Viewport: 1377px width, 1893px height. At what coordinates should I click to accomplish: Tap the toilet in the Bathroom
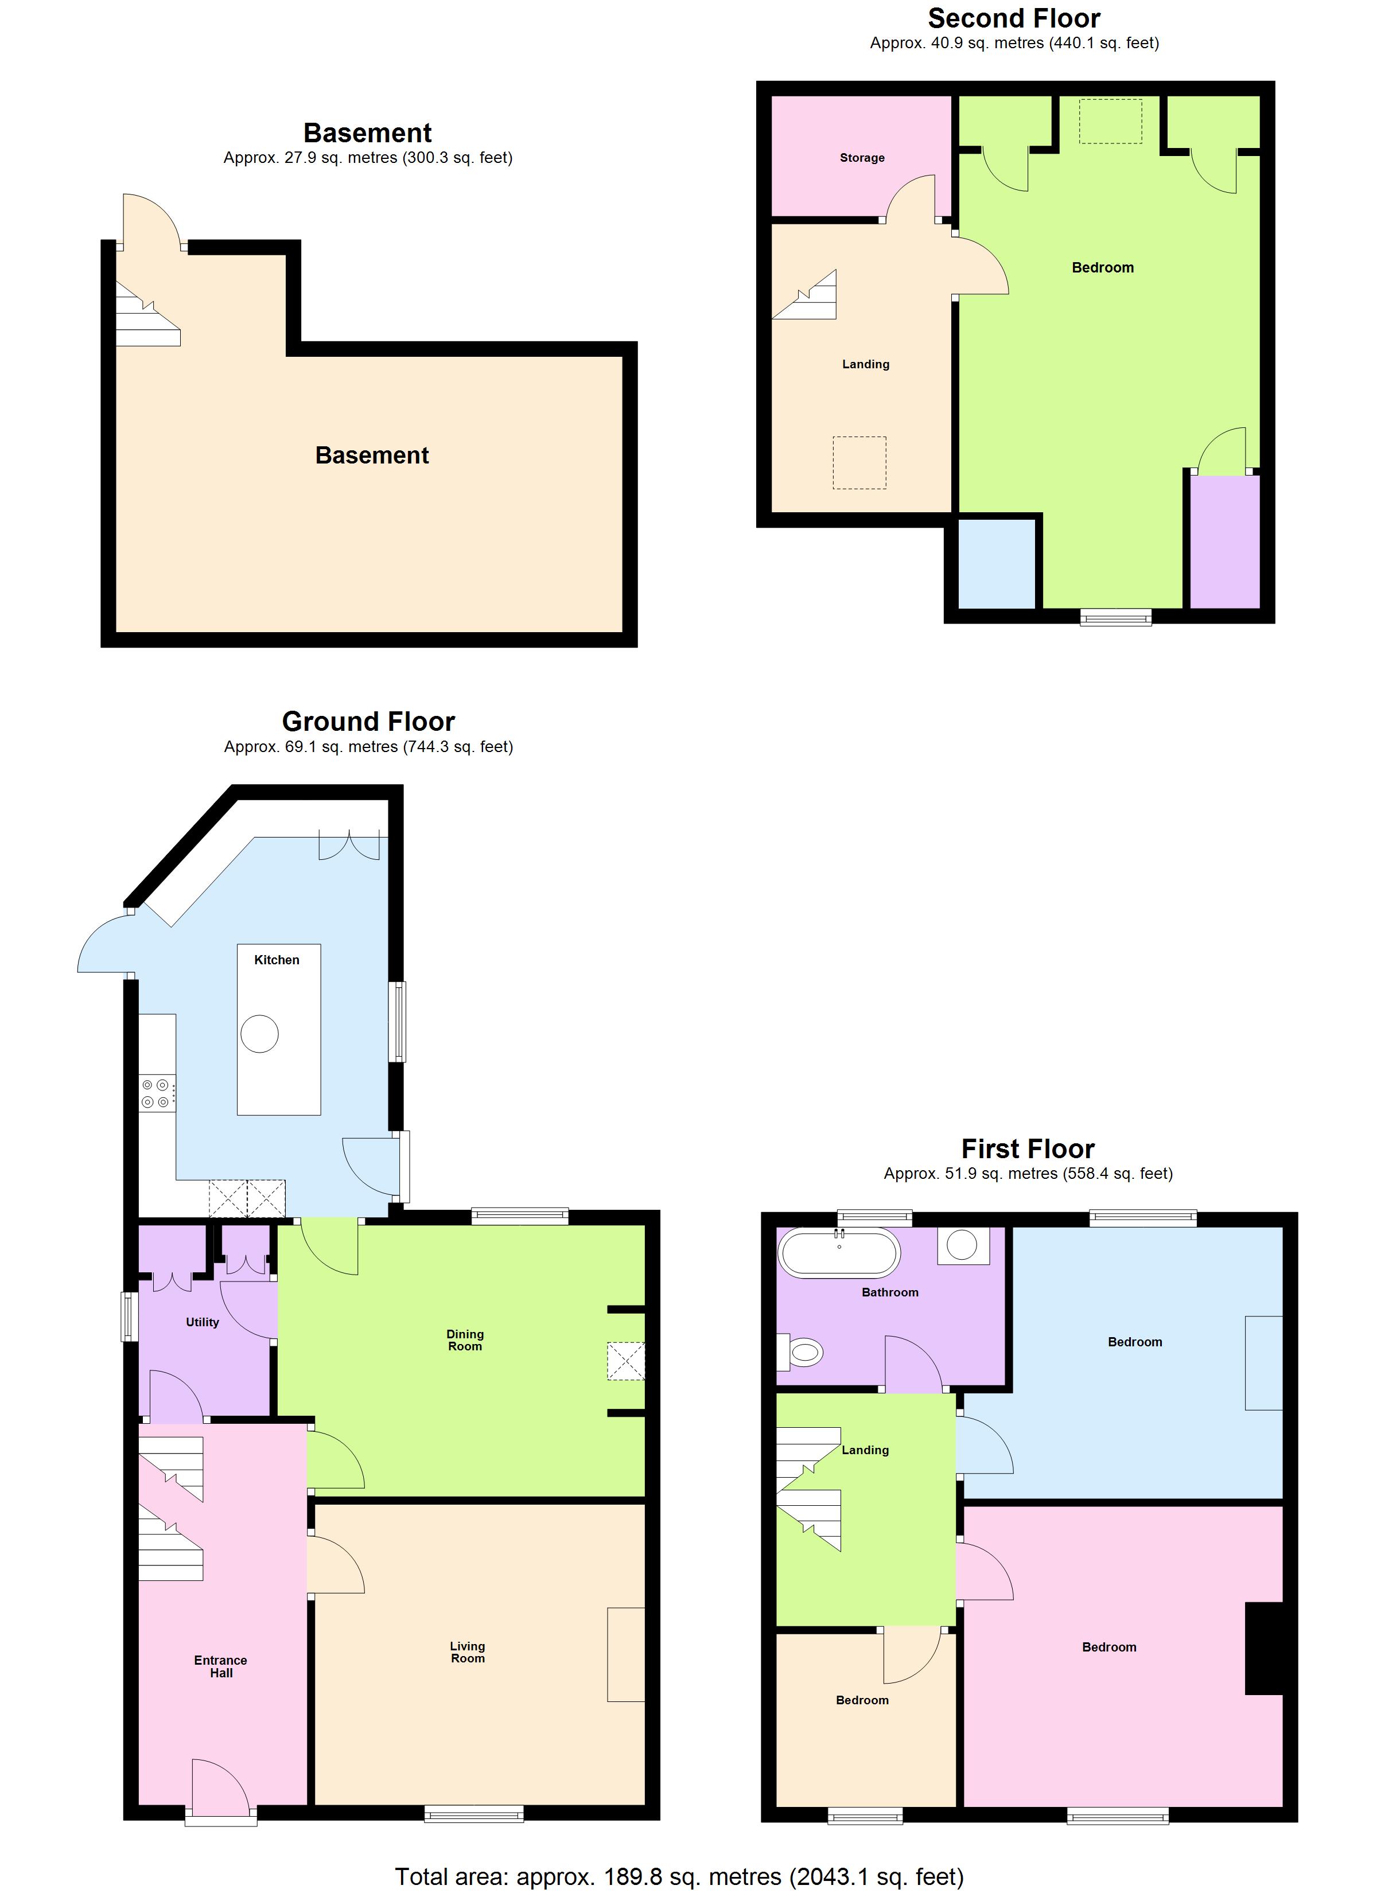tap(802, 1352)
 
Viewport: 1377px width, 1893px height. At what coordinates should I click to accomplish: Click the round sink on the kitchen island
tap(260, 1034)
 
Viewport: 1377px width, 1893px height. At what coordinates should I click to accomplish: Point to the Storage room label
tap(862, 158)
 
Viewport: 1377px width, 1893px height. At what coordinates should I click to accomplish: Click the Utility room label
tap(202, 1322)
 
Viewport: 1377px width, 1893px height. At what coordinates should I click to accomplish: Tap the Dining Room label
tap(465, 1339)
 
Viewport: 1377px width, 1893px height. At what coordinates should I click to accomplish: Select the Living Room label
tap(468, 1651)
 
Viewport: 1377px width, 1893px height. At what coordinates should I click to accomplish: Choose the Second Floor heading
tap(1014, 18)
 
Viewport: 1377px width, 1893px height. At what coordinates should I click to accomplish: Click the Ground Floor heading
tap(368, 721)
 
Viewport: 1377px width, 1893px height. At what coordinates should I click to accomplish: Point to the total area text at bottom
tap(679, 1876)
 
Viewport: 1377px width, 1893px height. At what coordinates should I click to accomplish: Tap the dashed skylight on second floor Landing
tap(859, 462)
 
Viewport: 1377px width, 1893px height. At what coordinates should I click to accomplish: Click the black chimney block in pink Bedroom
tap(1263, 1649)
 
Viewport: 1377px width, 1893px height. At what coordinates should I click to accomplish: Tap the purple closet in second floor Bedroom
tap(1224, 541)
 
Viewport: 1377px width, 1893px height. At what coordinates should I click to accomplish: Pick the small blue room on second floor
tap(996, 563)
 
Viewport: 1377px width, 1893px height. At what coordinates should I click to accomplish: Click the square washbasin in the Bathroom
tap(963, 1245)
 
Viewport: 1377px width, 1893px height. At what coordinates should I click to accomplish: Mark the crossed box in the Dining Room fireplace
tap(625, 1361)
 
